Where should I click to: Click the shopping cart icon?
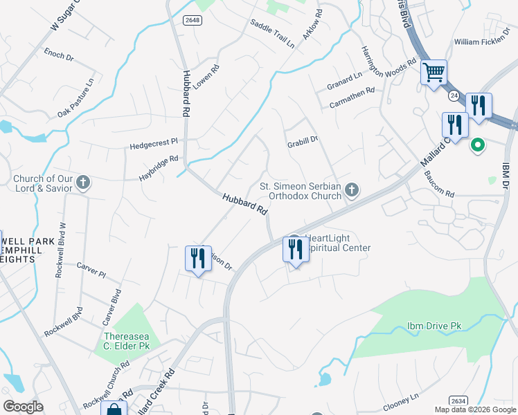pyautogui.click(x=434, y=71)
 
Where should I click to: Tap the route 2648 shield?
pyautogui.click(x=193, y=20)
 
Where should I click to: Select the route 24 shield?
pyautogui.click(x=453, y=94)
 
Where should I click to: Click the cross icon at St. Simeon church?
pyautogui.click(x=352, y=190)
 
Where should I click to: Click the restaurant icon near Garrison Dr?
pyautogui.click(x=198, y=259)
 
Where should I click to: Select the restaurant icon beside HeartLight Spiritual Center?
pyautogui.click(x=296, y=249)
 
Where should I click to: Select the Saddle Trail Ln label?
pyautogui.click(x=273, y=33)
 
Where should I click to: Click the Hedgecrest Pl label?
pyautogui.click(x=154, y=147)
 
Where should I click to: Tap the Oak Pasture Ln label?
pyautogui.click(x=75, y=98)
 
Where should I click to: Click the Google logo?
pyautogui.click(x=23, y=407)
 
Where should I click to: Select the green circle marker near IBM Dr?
pyautogui.click(x=477, y=145)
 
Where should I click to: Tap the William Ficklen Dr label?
pyautogui.click(x=485, y=42)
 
